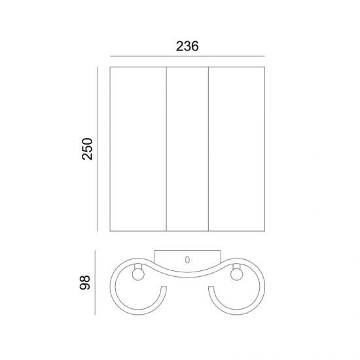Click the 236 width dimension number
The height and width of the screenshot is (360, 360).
[187, 46]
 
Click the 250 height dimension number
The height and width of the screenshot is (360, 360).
[87, 149]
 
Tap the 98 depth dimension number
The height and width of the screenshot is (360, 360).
[84, 282]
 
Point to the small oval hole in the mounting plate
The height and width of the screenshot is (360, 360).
[187, 260]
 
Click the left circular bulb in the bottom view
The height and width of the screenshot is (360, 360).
[138, 275]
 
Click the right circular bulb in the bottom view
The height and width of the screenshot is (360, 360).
[236, 275]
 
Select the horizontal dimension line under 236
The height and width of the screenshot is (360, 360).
[187, 56]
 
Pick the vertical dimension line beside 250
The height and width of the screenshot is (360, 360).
[98, 149]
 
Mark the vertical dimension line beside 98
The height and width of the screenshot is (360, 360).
[95, 282]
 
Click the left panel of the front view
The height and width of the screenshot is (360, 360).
[138, 149]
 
